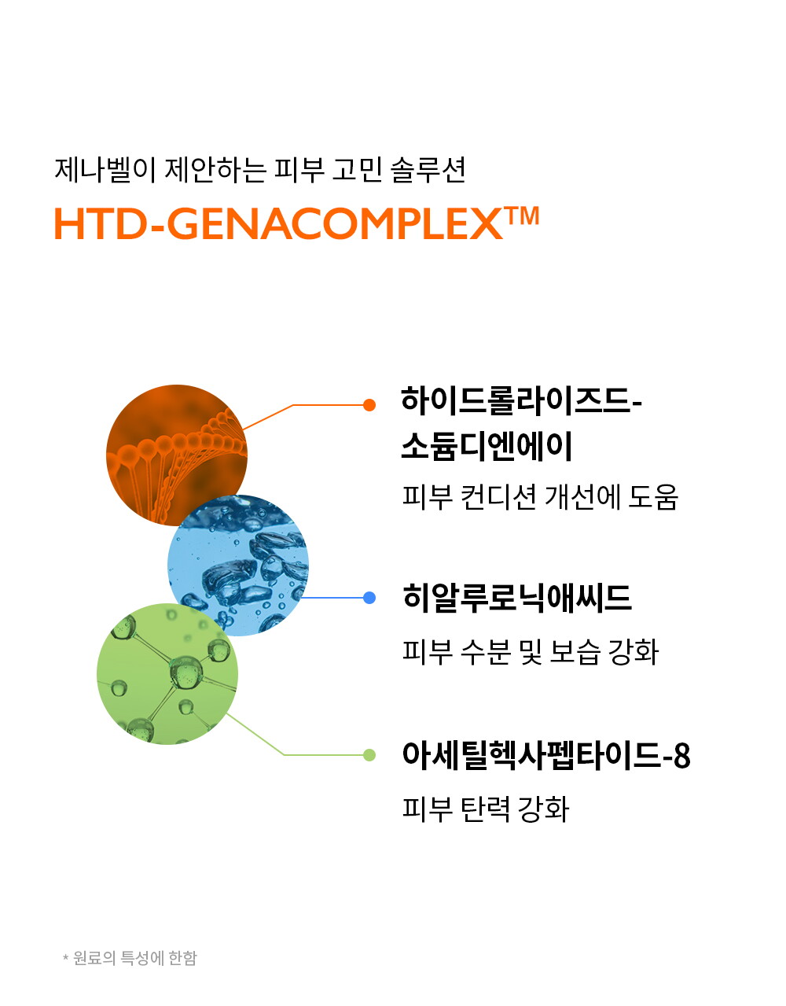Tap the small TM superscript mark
[521, 216]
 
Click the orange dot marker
[369, 405]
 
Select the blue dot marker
[369, 598]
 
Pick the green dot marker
[369, 755]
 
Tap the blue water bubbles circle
[238, 566]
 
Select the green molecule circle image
[167, 674]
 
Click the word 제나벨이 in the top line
[105, 170]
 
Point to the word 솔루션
[428, 170]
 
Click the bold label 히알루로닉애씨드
[516, 598]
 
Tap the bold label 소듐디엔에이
[487, 446]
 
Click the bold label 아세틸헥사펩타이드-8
[546, 756]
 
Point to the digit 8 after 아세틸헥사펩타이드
[681, 756]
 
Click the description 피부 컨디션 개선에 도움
[540, 497]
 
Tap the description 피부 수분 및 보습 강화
[531, 652]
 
